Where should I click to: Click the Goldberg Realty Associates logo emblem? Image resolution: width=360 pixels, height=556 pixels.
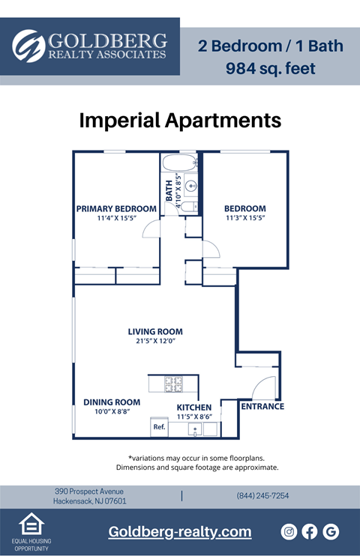pos(28,46)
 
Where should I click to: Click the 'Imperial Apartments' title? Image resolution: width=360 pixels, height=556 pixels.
pos(180,120)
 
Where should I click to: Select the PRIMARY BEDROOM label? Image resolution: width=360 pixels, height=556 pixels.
pos(116,208)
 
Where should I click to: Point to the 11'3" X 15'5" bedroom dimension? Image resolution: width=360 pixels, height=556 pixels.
pos(245,218)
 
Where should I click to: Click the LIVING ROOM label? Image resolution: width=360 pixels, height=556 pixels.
pos(155,331)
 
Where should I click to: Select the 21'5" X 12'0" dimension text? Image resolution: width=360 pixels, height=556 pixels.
pos(155,341)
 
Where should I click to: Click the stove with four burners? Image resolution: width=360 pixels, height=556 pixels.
pos(173,384)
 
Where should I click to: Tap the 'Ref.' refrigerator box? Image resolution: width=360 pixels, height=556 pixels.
pos(159,427)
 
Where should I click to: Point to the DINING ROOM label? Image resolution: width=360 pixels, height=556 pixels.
pos(112,402)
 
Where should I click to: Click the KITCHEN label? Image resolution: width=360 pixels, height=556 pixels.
pos(194,407)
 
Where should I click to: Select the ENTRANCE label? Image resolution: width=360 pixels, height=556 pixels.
pos(262,407)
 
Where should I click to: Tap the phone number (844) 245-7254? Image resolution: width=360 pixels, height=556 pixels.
pos(262,496)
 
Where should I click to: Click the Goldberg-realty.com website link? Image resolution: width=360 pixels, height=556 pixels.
pos(180,531)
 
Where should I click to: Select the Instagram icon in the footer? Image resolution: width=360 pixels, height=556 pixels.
pos(289,531)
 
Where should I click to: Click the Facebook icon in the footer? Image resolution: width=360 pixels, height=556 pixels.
pos(310,531)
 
